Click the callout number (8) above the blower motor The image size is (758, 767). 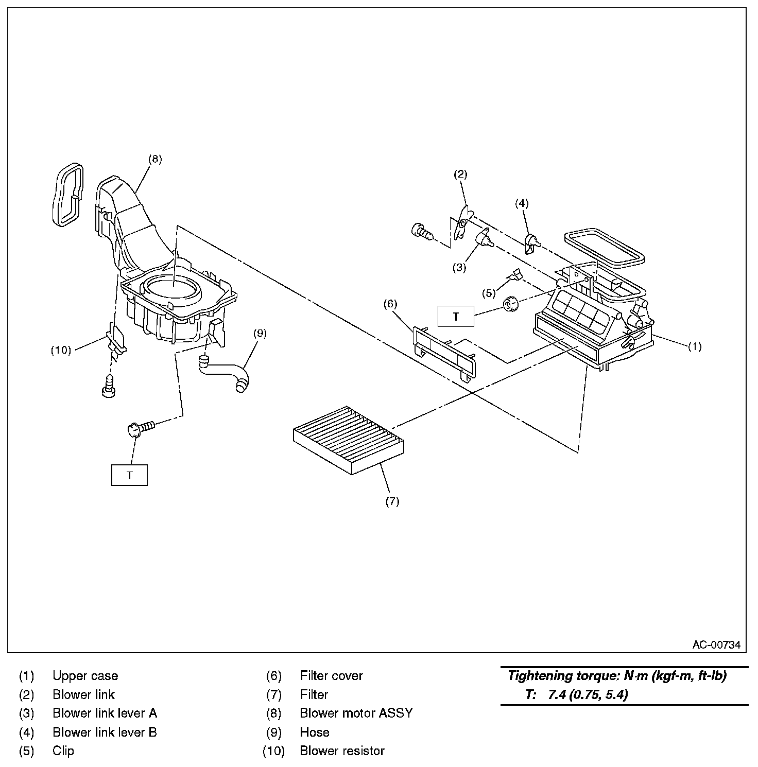coord(155,159)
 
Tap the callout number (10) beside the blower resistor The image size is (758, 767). coord(61,350)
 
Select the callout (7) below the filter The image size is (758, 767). coord(392,501)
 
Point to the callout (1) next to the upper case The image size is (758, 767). coord(695,346)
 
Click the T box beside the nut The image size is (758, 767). coord(456,317)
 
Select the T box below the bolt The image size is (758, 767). coord(130,475)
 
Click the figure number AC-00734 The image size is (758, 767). coord(716,644)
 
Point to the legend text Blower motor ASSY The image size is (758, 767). coord(356,713)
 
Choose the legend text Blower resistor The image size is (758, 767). coord(342,751)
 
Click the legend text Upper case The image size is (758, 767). coord(85,676)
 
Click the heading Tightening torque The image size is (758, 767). coord(617,676)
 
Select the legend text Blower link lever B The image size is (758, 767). coord(105,732)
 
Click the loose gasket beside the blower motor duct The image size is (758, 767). coord(67,194)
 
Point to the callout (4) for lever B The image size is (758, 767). coord(522,203)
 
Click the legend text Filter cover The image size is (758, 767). coord(332,676)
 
